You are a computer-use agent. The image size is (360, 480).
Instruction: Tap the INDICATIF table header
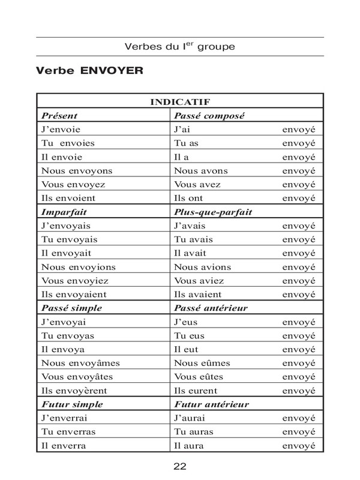point(179,102)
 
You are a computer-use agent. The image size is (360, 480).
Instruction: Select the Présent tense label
point(59,115)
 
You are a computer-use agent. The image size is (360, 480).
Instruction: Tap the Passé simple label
point(71,308)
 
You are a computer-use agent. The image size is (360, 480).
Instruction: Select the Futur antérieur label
point(211,404)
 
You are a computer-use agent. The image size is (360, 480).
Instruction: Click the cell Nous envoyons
point(76,170)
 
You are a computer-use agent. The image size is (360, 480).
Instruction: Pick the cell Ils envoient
point(68,197)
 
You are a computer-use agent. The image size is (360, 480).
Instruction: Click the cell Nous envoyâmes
point(80,363)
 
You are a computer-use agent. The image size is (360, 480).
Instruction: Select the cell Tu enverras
point(68,432)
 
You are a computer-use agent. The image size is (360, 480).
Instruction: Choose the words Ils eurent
point(196,391)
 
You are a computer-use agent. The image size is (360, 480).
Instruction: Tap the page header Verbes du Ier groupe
point(179,46)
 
